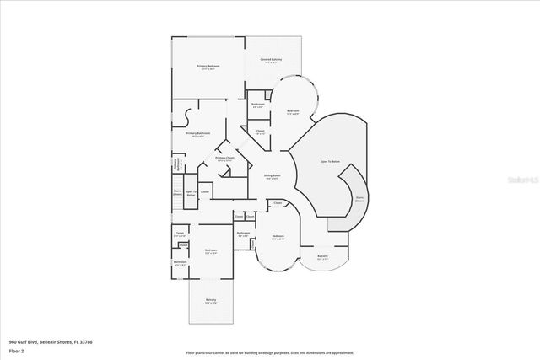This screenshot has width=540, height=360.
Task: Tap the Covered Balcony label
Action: pyautogui.click(x=270, y=61)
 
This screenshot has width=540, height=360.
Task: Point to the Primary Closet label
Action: pyautogui.click(x=224, y=159)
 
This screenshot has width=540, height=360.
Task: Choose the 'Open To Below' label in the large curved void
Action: pyautogui.click(x=329, y=161)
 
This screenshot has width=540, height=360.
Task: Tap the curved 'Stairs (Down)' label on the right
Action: pyautogui.click(x=359, y=199)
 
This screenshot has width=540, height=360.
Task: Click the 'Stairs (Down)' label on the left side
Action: pyautogui.click(x=178, y=192)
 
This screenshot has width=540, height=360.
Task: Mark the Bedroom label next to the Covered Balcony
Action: pyautogui.click(x=293, y=112)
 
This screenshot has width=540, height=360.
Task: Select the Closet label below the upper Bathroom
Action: pyautogui.click(x=260, y=132)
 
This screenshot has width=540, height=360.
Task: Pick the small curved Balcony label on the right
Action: pyautogui.click(x=322, y=257)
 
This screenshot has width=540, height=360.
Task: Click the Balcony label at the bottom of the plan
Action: pyautogui.click(x=210, y=302)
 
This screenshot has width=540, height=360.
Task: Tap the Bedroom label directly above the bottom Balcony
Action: pyautogui.click(x=211, y=250)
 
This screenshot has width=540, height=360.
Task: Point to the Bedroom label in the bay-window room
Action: pyautogui.click(x=278, y=237)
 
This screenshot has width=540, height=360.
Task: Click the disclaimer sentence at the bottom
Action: pyautogui.click(x=270, y=353)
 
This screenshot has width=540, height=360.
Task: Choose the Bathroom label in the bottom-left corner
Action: pyautogui.click(x=180, y=262)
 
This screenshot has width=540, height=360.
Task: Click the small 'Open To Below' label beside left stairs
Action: pyautogui.click(x=191, y=193)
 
